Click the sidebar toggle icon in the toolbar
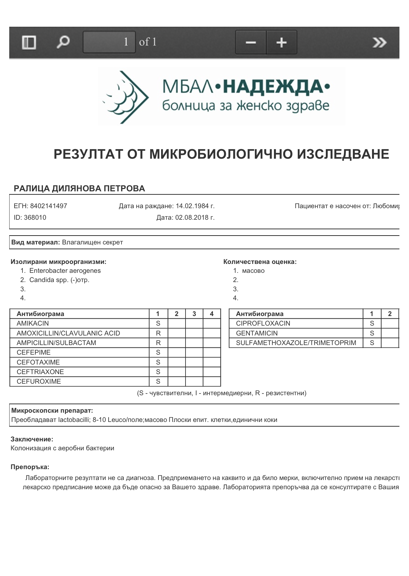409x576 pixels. (29, 43)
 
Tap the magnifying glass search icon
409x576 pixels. (63, 42)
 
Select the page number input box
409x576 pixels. (109, 42)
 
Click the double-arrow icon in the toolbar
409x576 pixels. (379, 43)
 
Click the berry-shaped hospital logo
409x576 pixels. (124, 97)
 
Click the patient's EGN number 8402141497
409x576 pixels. (49, 206)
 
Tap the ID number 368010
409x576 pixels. (35, 218)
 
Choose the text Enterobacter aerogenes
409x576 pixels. (65, 271)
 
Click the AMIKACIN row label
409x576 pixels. (33, 323)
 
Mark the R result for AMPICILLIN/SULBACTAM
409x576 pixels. (158, 343)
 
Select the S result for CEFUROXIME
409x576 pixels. (158, 382)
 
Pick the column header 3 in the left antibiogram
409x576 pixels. (194, 314)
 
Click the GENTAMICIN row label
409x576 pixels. (257, 333)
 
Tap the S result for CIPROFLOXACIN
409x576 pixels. (372, 323)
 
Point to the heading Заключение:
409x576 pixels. (32, 439)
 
